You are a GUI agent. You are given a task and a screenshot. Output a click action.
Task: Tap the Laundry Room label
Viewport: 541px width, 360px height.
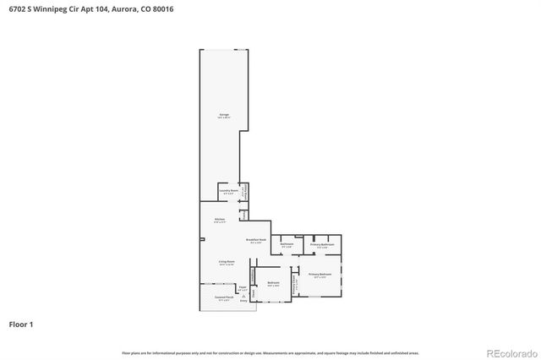228,192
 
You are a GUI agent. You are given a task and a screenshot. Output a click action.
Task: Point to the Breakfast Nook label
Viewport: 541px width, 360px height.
256,241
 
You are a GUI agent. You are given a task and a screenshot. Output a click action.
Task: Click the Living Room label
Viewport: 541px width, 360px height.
226,264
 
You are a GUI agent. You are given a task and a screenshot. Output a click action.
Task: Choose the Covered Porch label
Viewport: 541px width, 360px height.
224,298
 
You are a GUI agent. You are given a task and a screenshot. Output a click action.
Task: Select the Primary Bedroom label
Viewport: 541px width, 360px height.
320,275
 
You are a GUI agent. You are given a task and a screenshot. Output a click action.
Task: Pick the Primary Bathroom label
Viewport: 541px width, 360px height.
322,245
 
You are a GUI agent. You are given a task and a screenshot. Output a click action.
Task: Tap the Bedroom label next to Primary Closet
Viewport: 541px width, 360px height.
273,284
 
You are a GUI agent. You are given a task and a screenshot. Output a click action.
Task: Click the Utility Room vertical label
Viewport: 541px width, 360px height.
244,193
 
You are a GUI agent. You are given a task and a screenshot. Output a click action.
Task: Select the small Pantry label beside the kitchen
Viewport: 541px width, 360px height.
244,215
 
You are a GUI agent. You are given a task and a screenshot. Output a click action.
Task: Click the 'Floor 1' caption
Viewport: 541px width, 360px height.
21,324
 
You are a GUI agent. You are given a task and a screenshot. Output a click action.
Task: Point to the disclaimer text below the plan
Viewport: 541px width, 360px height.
270,352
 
